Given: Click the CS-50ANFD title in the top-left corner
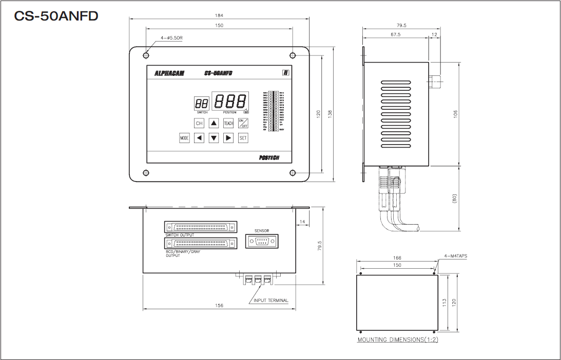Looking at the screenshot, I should (x=56, y=16).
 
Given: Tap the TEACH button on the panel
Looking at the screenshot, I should (x=228, y=123).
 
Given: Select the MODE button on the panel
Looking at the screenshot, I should (x=184, y=138).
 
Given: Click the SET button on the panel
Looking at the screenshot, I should (x=243, y=138).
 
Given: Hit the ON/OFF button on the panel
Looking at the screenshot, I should (x=243, y=123).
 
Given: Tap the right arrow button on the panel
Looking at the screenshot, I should (x=229, y=138).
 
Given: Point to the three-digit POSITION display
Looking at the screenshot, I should (x=230, y=101).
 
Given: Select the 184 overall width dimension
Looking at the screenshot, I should (x=219, y=15).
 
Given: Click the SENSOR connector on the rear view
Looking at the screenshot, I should (x=262, y=241).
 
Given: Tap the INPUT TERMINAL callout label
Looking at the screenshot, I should (x=271, y=301).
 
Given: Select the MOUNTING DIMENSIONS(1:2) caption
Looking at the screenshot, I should (x=398, y=340).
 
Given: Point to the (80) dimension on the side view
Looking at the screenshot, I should (x=455, y=197).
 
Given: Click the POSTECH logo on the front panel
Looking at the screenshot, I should (x=269, y=158).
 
